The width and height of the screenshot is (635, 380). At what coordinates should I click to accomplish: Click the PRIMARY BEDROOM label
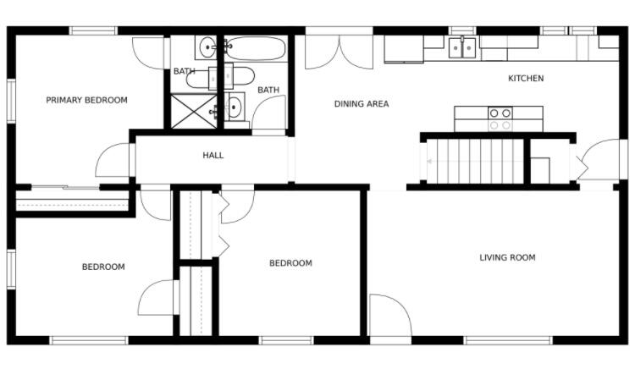pos(86,100)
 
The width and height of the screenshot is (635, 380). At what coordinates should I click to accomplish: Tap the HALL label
pos(213,156)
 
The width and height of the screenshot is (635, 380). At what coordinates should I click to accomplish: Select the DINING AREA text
pos(362,104)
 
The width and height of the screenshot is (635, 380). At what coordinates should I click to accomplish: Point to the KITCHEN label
pos(526,79)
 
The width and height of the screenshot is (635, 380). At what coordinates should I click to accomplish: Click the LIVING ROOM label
pos(507,258)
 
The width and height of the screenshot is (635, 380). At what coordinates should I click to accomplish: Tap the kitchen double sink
pos(462,47)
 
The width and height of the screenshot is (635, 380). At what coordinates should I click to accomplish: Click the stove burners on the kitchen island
pos(500,119)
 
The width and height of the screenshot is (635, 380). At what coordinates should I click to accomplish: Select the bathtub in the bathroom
pos(255,48)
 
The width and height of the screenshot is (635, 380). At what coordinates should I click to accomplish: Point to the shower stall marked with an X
pos(194,111)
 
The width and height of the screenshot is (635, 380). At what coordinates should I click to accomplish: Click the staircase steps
pos(476,161)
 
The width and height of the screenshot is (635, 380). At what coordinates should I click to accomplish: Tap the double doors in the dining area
pos(339,52)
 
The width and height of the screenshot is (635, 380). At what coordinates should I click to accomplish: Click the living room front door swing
pos(391,316)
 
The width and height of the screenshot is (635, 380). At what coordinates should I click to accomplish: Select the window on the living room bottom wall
pos(508,340)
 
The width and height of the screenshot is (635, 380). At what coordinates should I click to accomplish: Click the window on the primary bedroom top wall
pos(93,30)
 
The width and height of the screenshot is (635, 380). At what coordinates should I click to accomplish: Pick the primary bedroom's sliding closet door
pos(65,187)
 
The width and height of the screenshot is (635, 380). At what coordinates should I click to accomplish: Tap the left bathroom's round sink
pos(208,47)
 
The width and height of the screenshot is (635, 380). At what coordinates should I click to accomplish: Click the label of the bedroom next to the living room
pos(290,263)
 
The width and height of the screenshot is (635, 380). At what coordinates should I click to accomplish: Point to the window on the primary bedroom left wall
pos(11,101)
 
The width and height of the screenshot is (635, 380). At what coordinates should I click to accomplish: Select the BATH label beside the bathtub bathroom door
pos(268,90)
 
